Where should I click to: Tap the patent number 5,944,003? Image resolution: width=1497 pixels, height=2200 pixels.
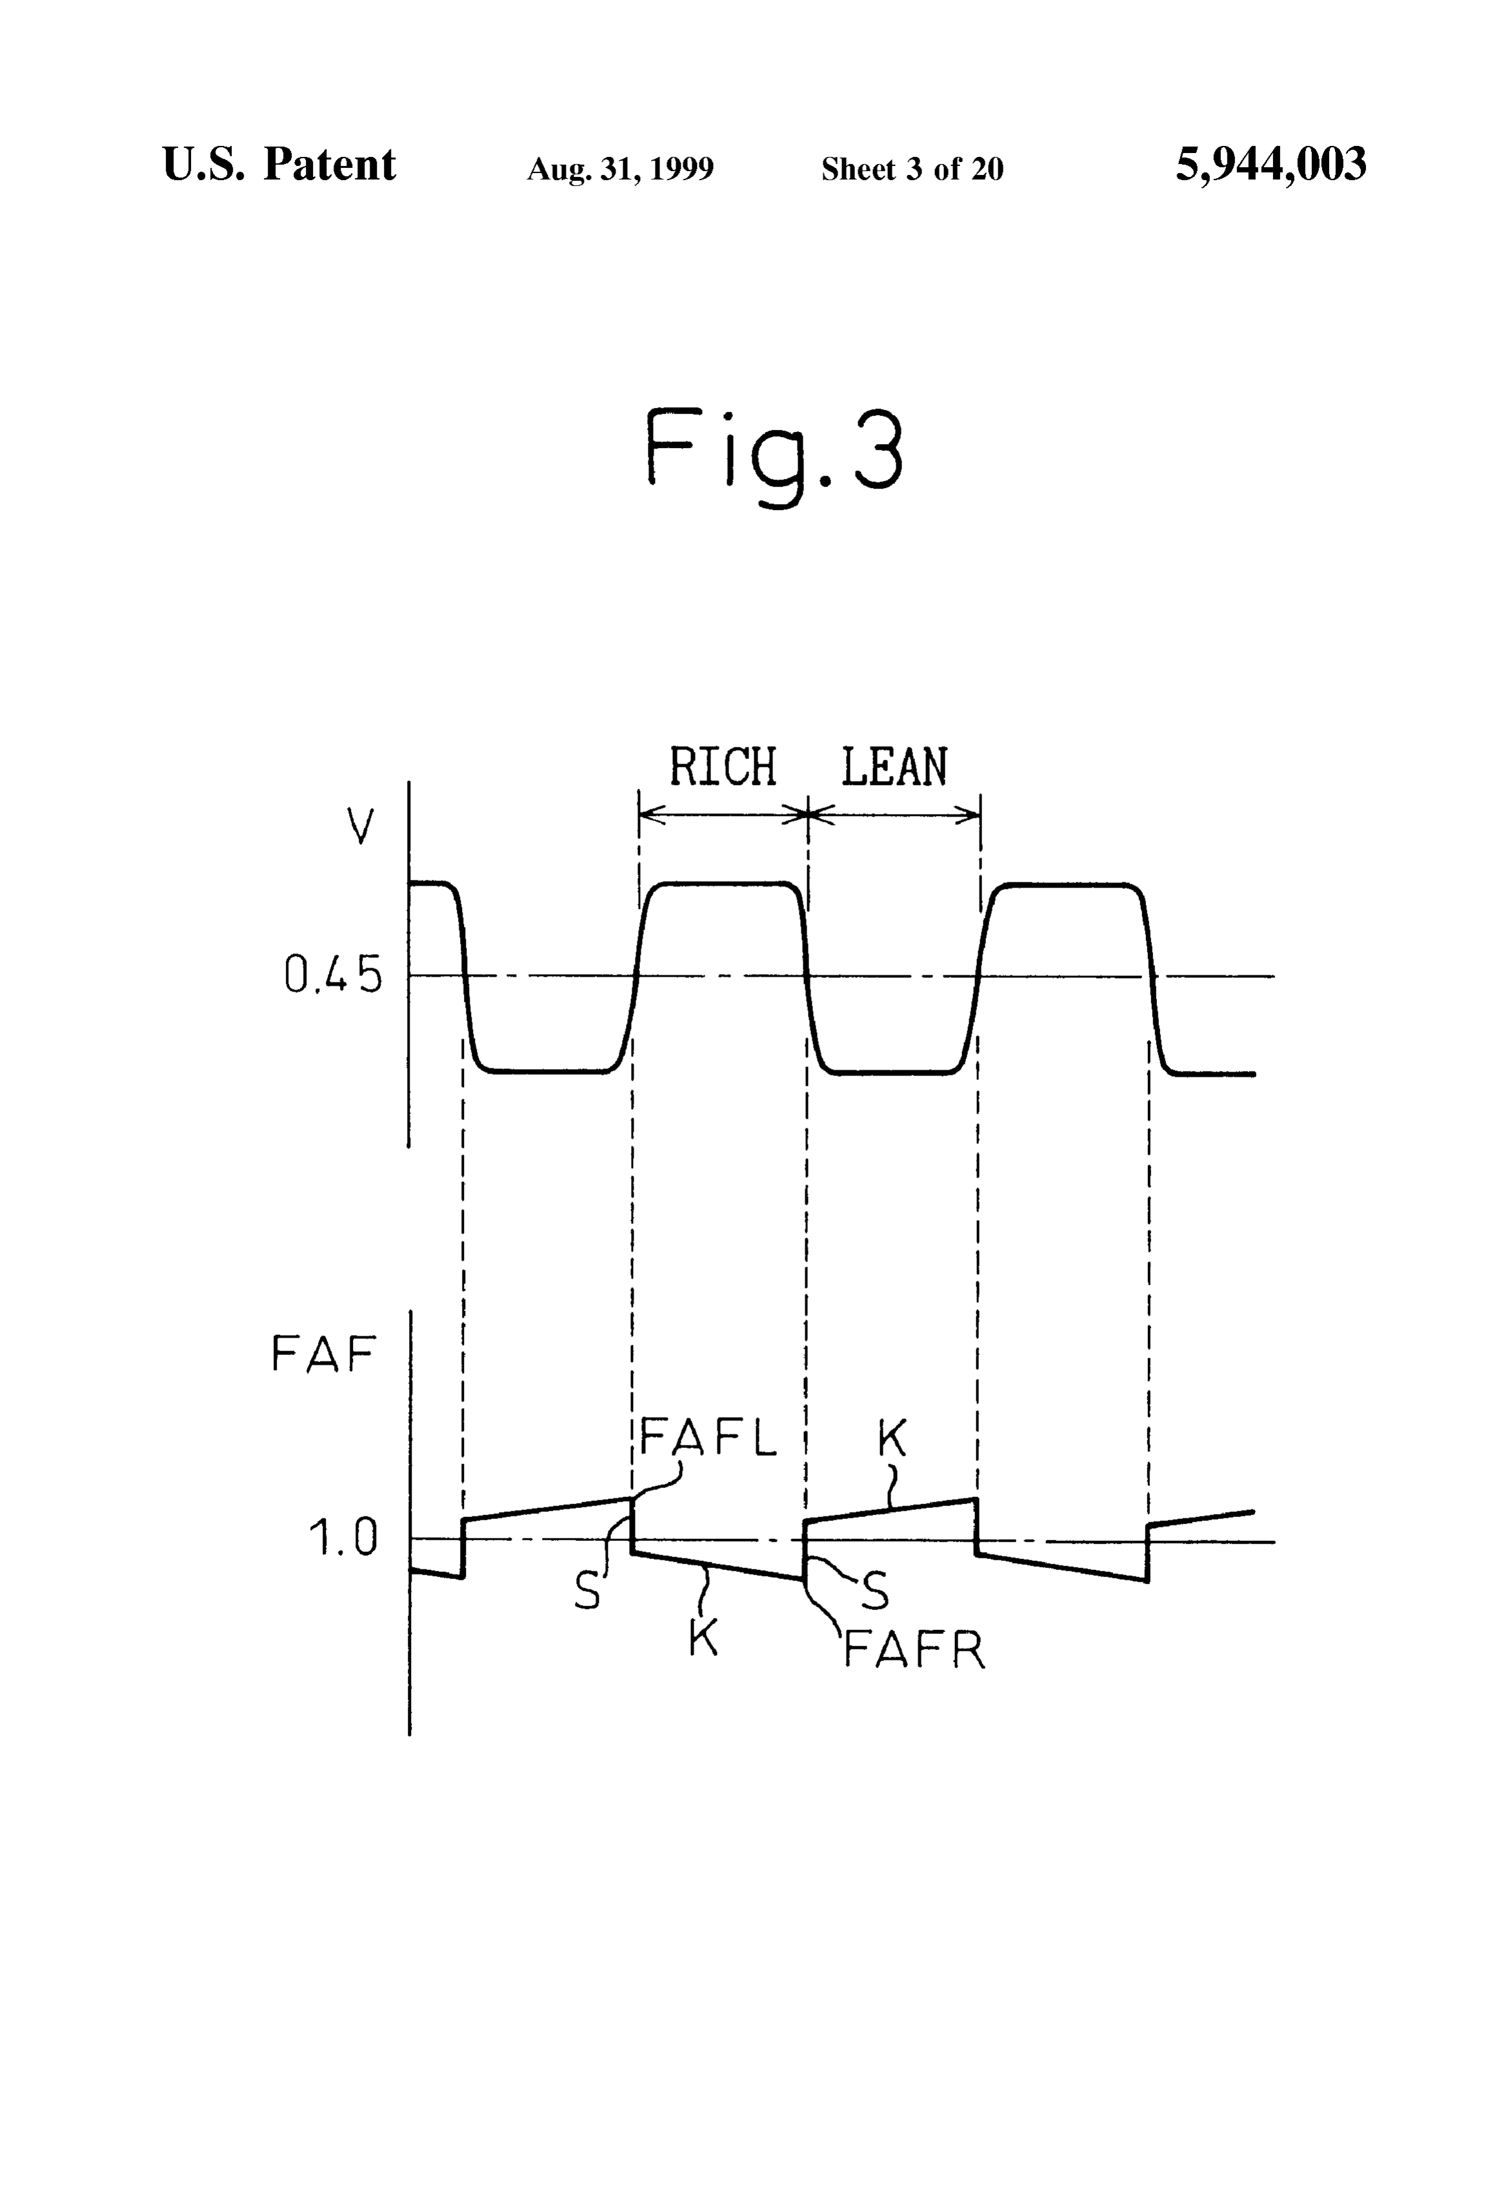(x=1271, y=165)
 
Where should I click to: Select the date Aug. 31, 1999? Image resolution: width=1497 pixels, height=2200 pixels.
(x=620, y=169)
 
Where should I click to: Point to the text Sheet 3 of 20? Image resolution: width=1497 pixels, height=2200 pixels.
(x=912, y=168)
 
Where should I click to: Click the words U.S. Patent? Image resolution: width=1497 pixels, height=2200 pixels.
(x=279, y=164)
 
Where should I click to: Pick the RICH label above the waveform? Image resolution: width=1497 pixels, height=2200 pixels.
(x=723, y=767)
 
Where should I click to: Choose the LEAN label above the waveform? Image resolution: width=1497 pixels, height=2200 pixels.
(x=894, y=767)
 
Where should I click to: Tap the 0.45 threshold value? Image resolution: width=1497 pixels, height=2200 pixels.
(x=333, y=975)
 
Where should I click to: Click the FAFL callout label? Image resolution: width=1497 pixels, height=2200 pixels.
(x=708, y=1437)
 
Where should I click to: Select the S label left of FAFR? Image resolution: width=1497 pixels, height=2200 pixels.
(x=876, y=1593)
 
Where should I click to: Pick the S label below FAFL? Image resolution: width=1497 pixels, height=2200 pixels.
(x=588, y=1593)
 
